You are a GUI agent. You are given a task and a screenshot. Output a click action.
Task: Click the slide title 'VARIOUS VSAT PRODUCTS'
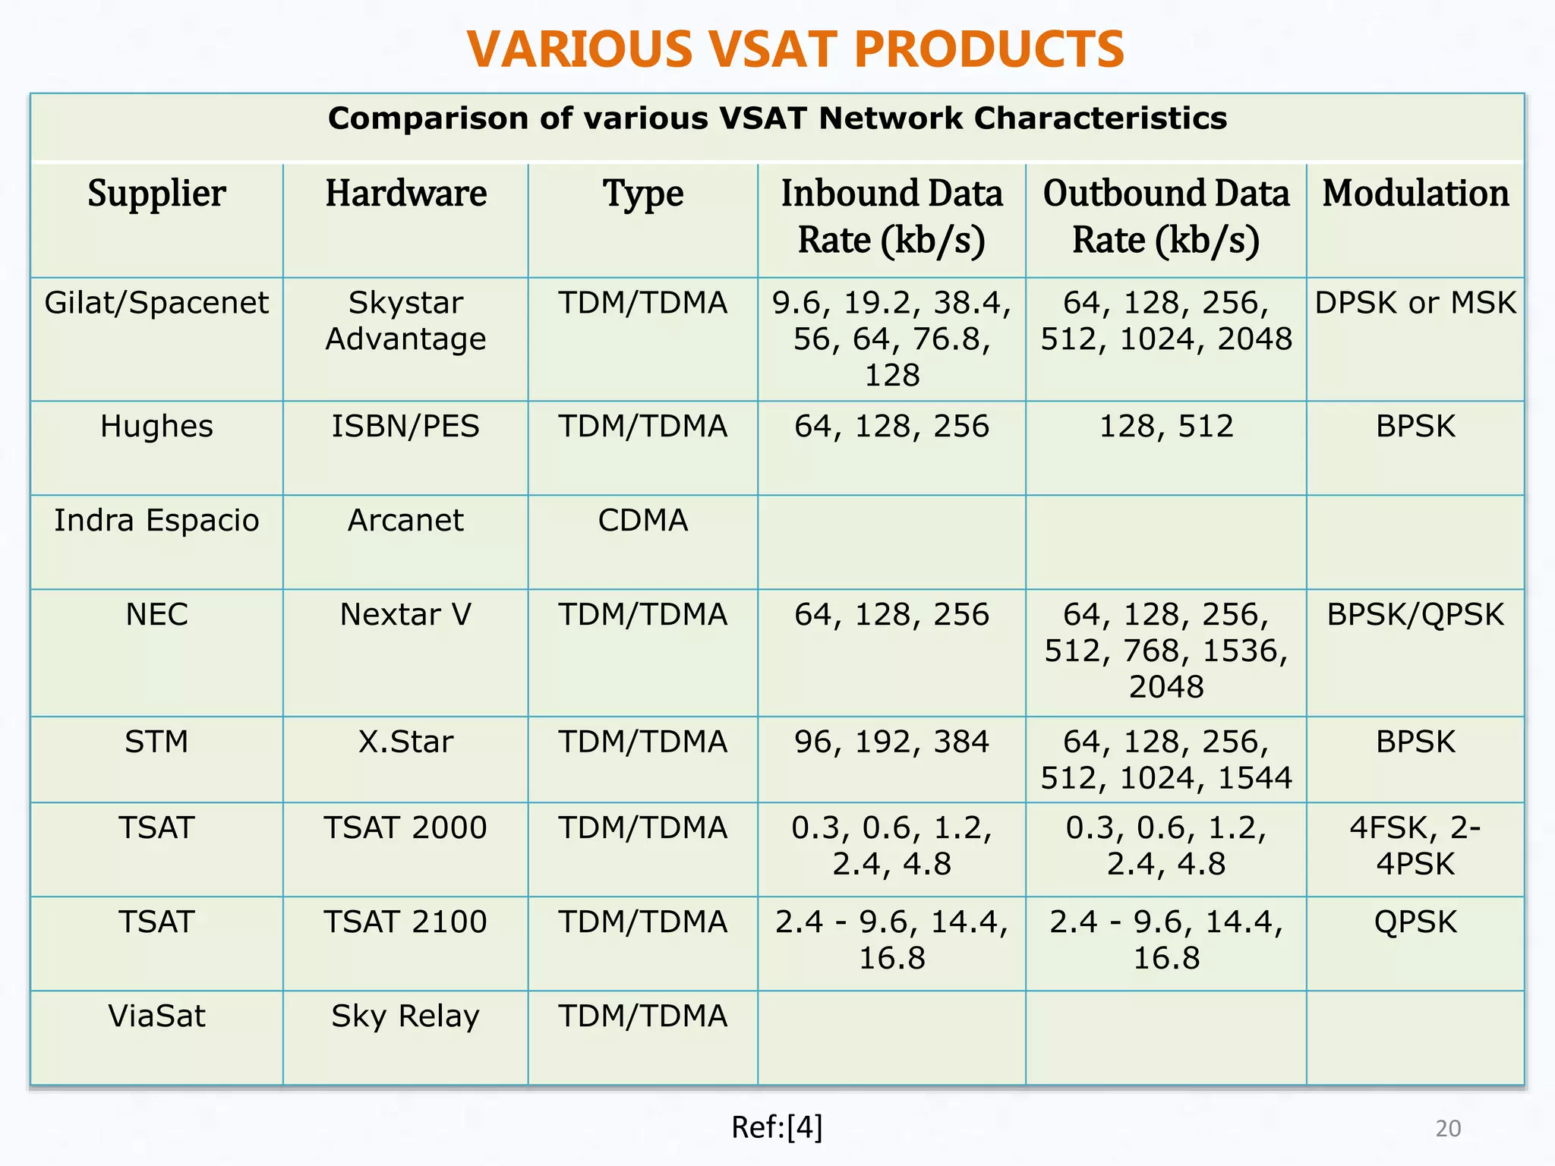coord(795,49)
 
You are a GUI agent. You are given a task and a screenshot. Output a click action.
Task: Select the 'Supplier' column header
coord(156,194)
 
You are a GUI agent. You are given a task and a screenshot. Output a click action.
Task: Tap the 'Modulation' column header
coord(1415,194)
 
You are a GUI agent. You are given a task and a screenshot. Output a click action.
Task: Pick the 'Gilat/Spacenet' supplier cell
coord(156,303)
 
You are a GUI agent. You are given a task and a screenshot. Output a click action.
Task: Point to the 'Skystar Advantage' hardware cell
coord(405,321)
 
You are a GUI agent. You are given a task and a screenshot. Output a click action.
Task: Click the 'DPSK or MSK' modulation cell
coord(1415,303)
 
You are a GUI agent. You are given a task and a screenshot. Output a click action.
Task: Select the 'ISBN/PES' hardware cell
coord(405,427)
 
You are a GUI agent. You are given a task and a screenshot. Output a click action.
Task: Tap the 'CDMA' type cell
coord(642,521)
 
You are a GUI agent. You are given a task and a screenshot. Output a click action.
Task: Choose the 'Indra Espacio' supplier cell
coord(156,521)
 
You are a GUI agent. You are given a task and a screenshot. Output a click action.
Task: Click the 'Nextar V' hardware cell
coord(405,615)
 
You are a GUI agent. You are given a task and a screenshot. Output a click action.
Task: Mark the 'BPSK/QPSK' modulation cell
coord(1415,615)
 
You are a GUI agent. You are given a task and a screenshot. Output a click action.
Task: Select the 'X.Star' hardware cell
coord(405,742)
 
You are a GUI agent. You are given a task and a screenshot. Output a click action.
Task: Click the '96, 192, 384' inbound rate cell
coord(891,742)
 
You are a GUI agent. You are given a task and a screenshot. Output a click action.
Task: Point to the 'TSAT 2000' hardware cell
coord(405,827)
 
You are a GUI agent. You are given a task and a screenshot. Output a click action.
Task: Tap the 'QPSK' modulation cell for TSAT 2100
coord(1415,922)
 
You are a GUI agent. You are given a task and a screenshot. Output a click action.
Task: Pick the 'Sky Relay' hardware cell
coord(405,1016)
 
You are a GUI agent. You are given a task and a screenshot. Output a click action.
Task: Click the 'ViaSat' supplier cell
coord(156,1016)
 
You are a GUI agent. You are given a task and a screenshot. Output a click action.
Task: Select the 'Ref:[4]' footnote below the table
coord(777,1128)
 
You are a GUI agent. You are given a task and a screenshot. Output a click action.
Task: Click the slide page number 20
coord(1448,1129)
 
